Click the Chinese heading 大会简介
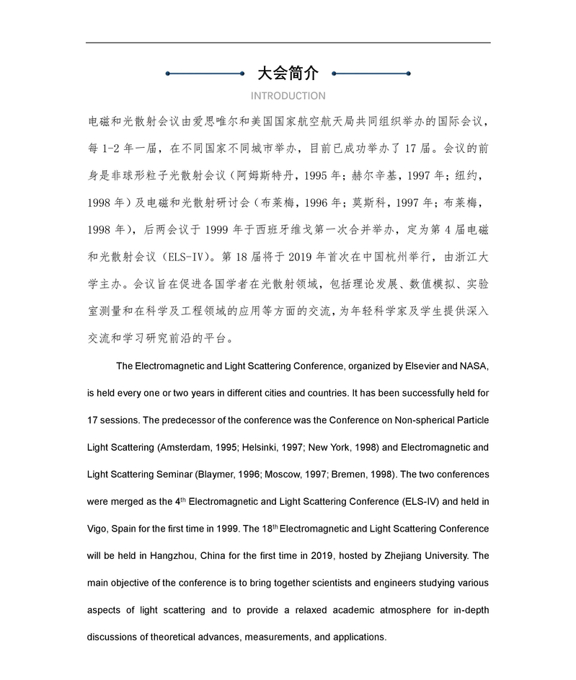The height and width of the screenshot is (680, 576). [x=288, y=73]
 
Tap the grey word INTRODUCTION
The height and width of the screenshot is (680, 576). [x=288, y=96]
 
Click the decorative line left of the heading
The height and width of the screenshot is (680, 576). [x=205, y=73]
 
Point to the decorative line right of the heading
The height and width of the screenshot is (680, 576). [x=371, y=73]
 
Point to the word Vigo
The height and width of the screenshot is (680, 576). [x=97, y=529]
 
